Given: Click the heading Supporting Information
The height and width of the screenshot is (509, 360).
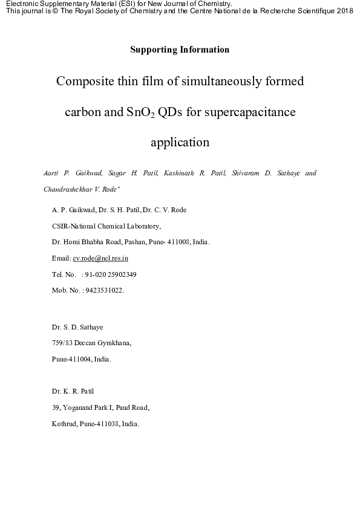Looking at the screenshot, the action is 180,50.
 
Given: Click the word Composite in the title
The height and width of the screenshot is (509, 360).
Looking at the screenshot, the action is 85,81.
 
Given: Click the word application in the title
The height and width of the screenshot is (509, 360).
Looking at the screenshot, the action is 180,143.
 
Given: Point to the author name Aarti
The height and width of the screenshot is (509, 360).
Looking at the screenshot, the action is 51,173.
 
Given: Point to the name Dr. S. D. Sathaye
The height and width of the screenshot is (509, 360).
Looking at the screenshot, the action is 77,327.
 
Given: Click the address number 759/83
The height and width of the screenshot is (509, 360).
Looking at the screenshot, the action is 62,343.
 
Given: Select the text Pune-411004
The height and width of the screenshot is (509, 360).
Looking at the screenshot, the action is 73,358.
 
